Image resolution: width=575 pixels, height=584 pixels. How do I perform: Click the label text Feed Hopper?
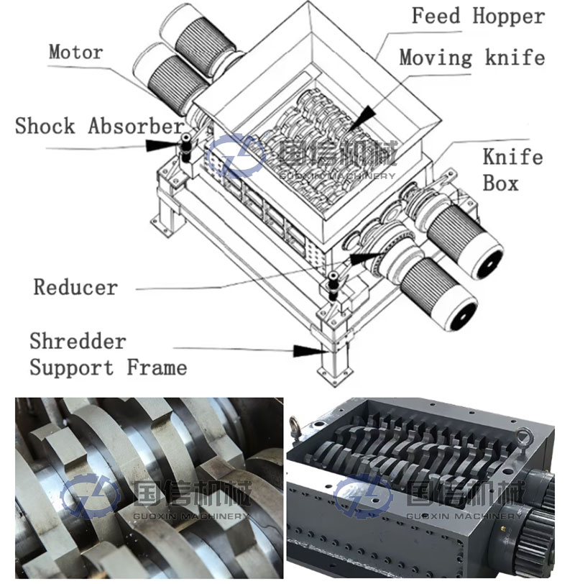click(478, 17)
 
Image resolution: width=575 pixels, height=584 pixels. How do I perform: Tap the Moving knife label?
click(471, 58)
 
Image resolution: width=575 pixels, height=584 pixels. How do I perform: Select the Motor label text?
click(75, 52)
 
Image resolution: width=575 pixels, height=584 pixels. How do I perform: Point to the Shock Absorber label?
click(99, 126)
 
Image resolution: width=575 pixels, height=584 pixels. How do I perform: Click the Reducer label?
click(75, 287)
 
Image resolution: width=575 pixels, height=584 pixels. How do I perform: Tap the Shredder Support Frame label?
click(108, 354)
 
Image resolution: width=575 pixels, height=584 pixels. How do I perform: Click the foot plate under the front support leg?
click(334, 371)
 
